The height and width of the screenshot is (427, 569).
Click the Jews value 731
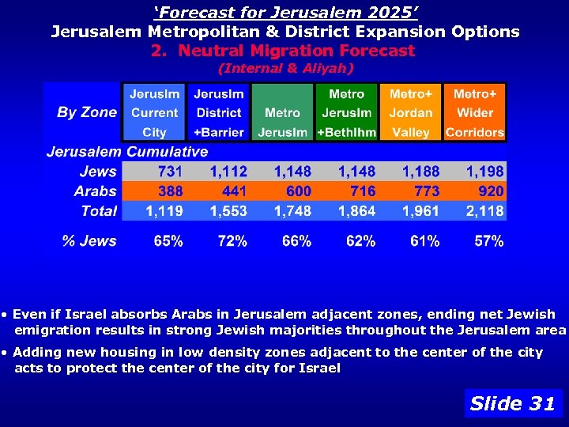pos(170,172)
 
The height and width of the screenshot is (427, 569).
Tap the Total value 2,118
pos(484,211)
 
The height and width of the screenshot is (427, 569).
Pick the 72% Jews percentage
pos(232,241)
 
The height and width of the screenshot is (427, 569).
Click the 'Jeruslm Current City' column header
pos(154,112)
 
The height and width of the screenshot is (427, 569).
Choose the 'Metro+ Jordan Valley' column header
pos(411,112)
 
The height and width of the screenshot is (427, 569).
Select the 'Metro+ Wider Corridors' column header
pos(474,112)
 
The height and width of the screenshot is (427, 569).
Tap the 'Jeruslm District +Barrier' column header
pos(218,112)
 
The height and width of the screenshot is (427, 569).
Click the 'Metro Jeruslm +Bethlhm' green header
pos(346,112)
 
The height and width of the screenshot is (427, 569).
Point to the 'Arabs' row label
pos(95,191)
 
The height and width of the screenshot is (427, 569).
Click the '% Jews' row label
pos(89,241)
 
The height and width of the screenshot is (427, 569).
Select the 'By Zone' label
pos(87,112)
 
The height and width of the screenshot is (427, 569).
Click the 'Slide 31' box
pos(513,403)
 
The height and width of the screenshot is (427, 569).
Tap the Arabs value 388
pos(170,191)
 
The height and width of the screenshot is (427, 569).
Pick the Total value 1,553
pos(228,211)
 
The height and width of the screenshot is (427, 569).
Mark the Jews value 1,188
pos(420,172)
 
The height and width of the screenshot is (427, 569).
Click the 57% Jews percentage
pos(488,241)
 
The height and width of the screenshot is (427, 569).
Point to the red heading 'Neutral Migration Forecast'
pos(282,51)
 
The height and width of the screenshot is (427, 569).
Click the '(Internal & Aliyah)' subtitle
pos(284,69)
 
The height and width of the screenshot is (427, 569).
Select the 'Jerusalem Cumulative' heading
pos(126,152)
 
